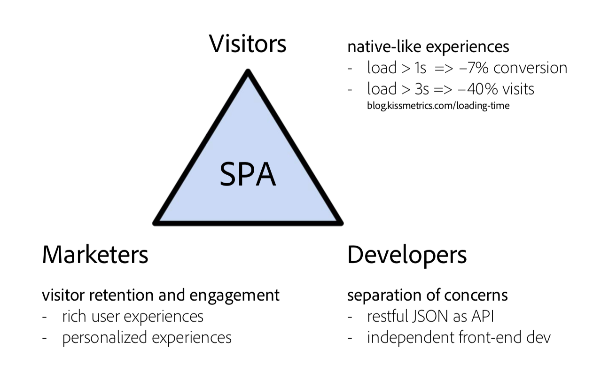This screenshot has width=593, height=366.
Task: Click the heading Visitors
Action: (x=248, y=44)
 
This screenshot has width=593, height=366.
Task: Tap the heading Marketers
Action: (x=95, y=255)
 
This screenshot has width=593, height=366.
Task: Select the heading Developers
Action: (x=407, y=255)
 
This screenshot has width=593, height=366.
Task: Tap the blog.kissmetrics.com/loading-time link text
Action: (x=438, y=106)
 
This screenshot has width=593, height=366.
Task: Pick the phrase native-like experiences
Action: (x=428, y=47)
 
